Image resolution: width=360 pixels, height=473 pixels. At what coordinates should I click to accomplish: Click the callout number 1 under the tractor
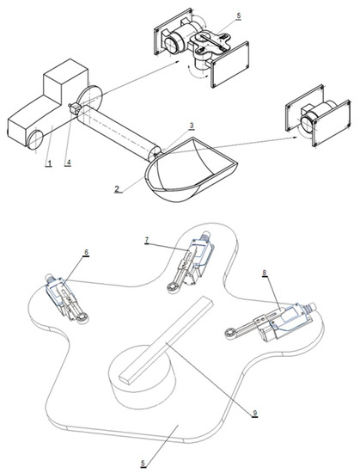point(48,163)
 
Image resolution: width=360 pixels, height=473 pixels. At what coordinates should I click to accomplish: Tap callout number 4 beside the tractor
point(69,163)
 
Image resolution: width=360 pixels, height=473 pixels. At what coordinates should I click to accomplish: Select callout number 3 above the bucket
point(192,126)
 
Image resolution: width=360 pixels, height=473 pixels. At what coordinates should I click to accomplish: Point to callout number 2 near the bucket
point(117,189)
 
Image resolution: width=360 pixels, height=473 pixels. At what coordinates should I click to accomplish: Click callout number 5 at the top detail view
point(239,15)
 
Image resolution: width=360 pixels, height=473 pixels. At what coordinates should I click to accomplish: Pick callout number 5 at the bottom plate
point(143,463)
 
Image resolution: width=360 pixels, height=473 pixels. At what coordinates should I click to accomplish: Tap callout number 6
point(86,252)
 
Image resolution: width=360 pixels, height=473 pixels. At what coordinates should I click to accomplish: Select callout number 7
point(147,240)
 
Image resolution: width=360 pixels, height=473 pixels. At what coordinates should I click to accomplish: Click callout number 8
point(265,273)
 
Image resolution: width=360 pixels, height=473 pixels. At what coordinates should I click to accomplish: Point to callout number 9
point(255,413)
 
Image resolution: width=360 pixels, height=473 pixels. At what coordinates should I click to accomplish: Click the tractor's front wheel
point(35,139)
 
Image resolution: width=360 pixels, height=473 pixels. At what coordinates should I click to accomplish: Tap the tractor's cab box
point(65,79)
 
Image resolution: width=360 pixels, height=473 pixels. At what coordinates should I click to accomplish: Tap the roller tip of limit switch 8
point(229,334)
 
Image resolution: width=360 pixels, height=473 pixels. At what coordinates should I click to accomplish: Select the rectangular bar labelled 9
point(167,341)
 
